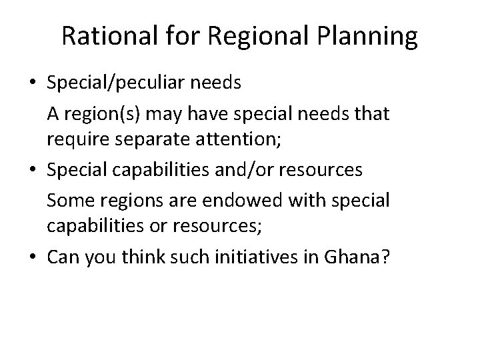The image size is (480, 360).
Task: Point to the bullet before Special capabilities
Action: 33,170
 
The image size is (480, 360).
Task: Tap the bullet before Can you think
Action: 33,254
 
